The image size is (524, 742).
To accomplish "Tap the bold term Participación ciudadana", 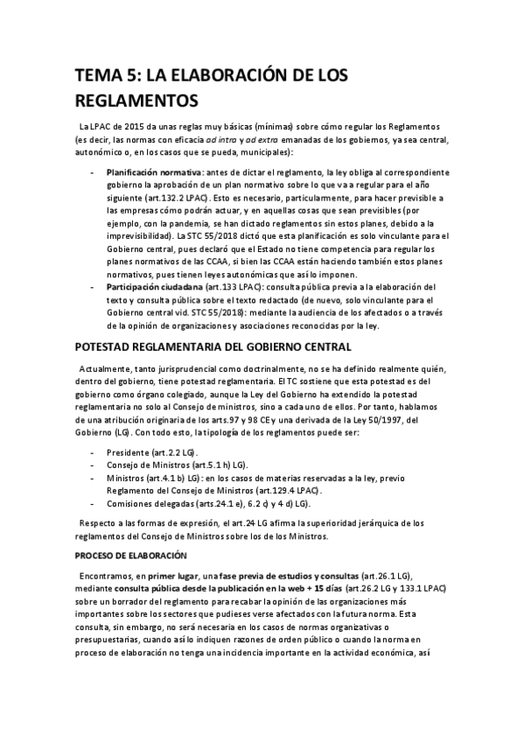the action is pyautogui.click(x=155, y=286).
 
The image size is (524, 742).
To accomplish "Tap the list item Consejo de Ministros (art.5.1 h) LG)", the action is pyautogui.click(x=177, y=465).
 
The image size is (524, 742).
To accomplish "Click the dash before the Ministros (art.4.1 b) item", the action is pyautogui.click(x=94, y=479).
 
